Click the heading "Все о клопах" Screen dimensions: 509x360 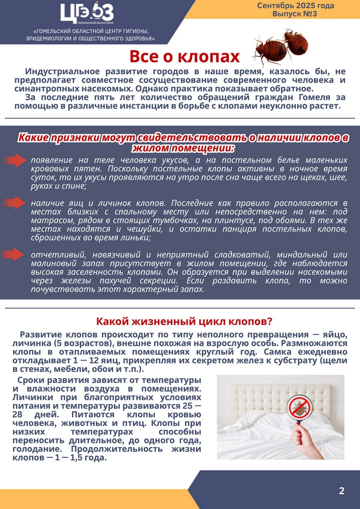[x=184, y=56]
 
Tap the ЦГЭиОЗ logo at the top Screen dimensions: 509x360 [x=87, y=13]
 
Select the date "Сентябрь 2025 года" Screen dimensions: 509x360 [x=295, y=5]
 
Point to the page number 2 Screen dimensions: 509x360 [x=342, y=491]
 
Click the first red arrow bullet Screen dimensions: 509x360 [x=15, y=160]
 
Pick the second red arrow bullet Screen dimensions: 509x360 [x=15, y=203]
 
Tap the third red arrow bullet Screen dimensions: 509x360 [x=15, y=254]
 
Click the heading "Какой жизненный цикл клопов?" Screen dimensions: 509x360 [x=184, y=321]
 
